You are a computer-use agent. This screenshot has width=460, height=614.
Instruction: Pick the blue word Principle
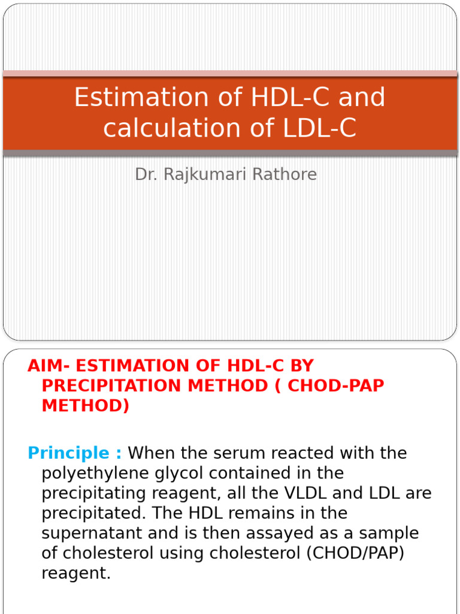coord(69,453)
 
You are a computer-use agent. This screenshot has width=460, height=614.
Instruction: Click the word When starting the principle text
coord(152,453)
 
